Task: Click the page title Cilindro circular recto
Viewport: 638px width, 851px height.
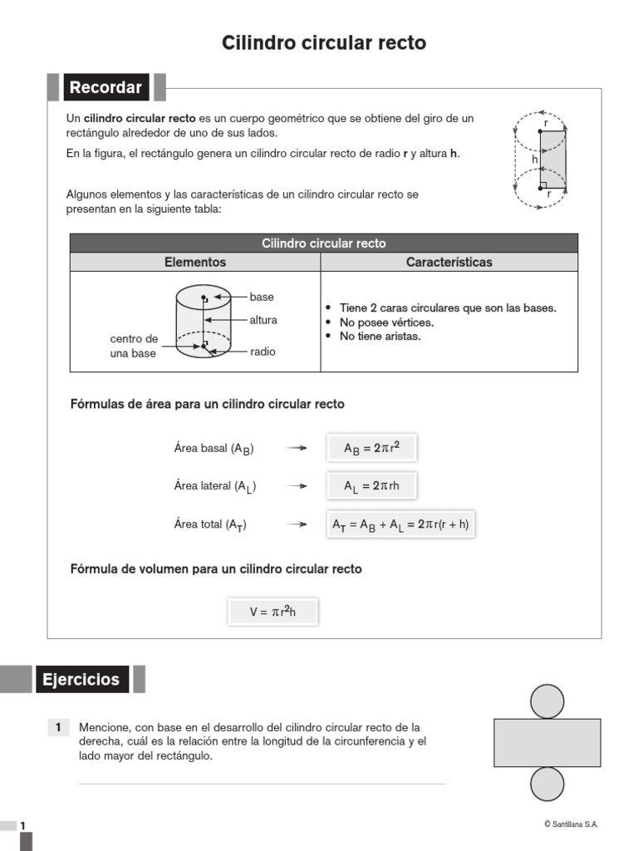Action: [324, 43]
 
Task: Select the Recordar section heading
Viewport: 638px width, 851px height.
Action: [106, 87]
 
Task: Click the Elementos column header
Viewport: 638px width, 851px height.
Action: [195, 262]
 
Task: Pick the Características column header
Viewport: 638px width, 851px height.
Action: [449, 262]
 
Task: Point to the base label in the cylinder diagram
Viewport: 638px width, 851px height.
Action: [262, 297]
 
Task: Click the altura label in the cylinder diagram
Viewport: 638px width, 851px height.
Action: [263, 320]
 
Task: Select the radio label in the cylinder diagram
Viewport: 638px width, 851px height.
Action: [263, 352]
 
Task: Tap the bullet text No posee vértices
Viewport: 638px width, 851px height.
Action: [386, 322]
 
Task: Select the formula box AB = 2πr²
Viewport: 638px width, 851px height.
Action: [371, 449]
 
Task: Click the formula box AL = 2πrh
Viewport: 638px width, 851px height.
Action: [371, 486]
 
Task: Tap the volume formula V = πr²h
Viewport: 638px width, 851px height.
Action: [272, 612]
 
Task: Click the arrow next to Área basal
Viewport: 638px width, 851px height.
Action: [297, 448]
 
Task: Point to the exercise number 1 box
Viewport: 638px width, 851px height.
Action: [58, 728]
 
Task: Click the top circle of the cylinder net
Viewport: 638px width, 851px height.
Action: [547, 701]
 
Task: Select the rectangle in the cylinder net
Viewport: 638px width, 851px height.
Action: [547, 742]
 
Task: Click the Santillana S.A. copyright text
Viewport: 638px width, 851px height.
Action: [571, 824]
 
